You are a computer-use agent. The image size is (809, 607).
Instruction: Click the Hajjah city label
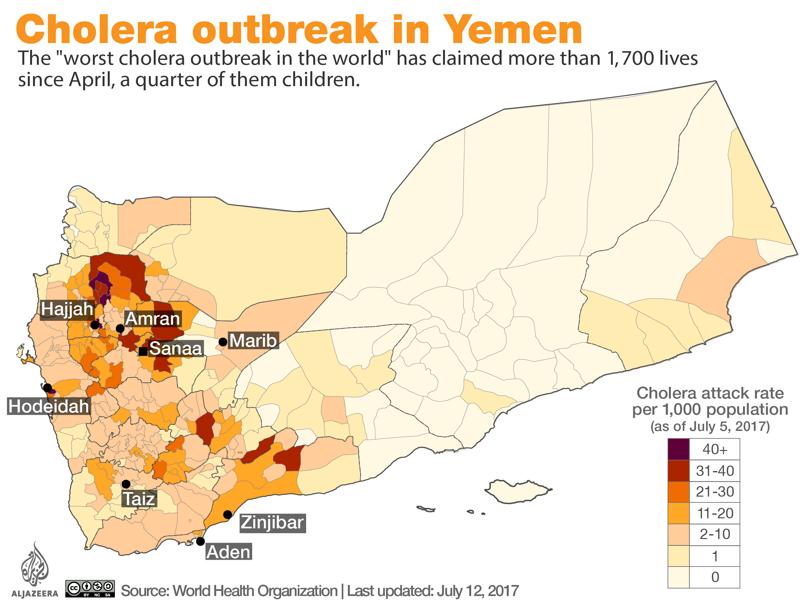coord(67,309)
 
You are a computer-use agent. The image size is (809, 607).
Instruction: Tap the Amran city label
coord(153,320)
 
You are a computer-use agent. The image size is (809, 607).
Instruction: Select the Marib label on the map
coord(253,341)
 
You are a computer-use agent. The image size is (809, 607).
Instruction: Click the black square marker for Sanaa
coord(143,352)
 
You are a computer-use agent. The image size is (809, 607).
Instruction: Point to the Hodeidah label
coord(49,407)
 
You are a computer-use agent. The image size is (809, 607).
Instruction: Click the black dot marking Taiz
coord(126,484)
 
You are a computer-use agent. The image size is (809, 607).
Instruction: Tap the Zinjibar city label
coord(272,523)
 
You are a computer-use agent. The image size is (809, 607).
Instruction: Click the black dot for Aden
coord(200,542)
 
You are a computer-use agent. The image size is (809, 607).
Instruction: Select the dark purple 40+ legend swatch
coord(679,449)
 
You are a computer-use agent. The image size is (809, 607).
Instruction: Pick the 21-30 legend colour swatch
coord(679,492)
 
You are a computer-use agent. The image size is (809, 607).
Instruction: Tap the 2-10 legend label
coord(715,534)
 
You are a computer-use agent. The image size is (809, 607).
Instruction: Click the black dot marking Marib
coord(223,342)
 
